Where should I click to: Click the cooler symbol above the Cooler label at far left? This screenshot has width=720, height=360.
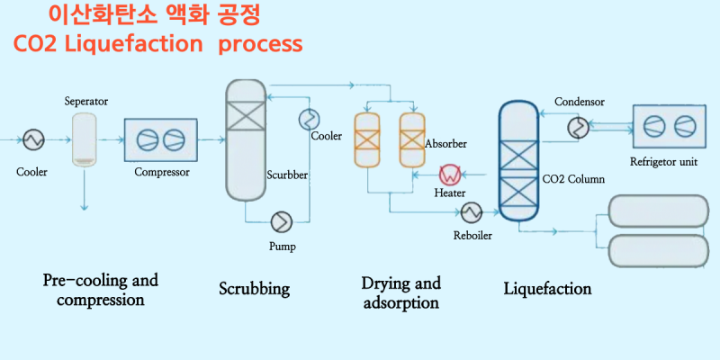click(33, 139)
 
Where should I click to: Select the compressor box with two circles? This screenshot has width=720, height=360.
click(160, 139)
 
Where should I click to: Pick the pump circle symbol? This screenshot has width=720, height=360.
click(282, 220)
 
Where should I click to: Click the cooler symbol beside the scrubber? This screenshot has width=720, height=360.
click(310, 118)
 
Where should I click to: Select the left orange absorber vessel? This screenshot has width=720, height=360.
click(366, 140)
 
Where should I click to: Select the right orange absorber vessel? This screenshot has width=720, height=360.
click(411, 140)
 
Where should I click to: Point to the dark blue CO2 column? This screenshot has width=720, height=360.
click(518, 162)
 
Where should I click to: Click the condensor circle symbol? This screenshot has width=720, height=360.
click(577, 128)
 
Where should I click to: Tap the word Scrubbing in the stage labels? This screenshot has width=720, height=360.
click(255, 289)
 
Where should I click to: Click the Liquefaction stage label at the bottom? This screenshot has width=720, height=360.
click(547, 289)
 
